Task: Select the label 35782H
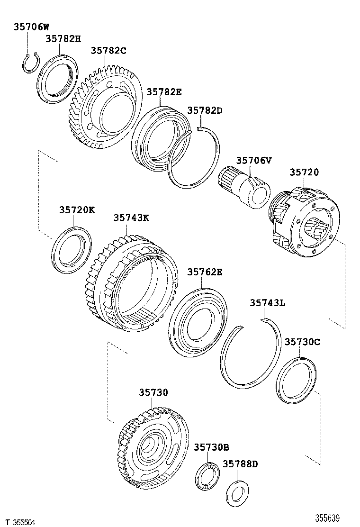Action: (x=63, y=39)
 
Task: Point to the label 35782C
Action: (x=108, y=50)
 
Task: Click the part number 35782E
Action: (x=163, y=92)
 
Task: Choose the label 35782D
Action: (x=205, y=110)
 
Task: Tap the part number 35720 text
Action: (x=304, y=173)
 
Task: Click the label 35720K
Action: (x=77, y=209)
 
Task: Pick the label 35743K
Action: (x=131, y=218)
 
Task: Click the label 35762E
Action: (x=205, y=272)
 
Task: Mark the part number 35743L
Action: (x=268, y=303)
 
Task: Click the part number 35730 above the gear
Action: (x=153, y=392)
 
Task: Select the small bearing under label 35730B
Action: (x=207, y=475)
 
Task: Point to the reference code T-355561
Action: (x=18, y=521)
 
